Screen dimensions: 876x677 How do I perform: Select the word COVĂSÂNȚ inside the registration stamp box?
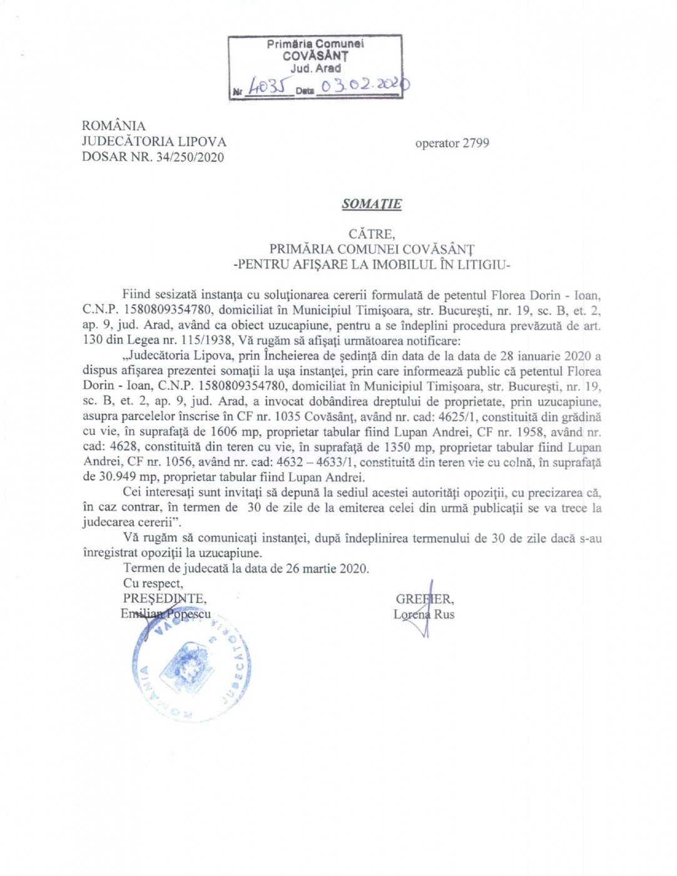coord(315,56)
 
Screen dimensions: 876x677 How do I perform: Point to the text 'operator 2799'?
coord(452,143)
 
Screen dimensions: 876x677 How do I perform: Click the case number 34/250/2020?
coord(190,158)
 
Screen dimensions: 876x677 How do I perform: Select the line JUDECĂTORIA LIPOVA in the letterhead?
coord(154,142)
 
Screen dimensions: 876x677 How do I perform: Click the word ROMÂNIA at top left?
coord(113,126)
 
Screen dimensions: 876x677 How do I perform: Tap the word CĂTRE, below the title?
coord(372,234)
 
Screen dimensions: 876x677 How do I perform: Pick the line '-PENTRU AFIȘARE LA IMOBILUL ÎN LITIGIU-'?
coord(372,265)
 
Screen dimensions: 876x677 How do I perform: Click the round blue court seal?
coord(191,668)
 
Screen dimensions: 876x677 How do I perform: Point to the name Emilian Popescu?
coord(166,614)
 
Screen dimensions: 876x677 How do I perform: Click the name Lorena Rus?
coord(424,614)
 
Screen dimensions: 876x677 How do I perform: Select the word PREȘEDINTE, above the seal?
coord(165,599)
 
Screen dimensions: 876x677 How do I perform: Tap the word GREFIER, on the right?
coord(425,599)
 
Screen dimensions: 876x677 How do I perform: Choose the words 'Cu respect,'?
coord(153,584)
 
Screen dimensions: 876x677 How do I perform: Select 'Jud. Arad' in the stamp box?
coord(315,69)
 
